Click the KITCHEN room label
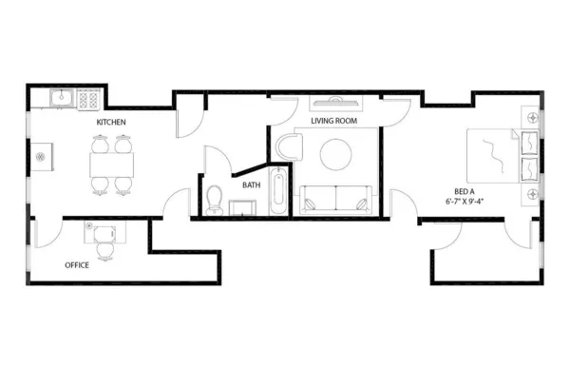click(111, 123)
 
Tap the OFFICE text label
click(77, 264)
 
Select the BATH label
click(251, 185)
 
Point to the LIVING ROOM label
click(333, 120)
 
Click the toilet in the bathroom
click(215, 199)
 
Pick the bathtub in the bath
click(277, 192)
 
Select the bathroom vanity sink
click(244, 206)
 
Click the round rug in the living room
click(336, 154)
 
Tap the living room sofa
click(335, 200)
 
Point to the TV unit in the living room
click(333, 101)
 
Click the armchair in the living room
click(289, 147)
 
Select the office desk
click(102, 229)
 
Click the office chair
click(105, 246)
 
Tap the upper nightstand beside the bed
click(530, 117)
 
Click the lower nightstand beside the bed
click(530, 193)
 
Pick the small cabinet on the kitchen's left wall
click(41, 157)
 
